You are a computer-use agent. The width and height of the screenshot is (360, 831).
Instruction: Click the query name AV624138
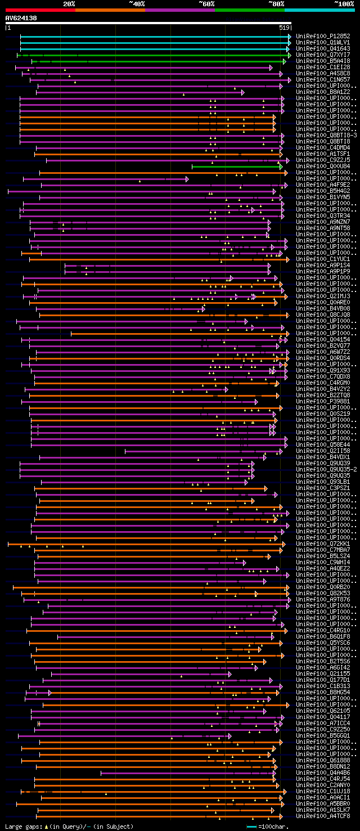(21, 18)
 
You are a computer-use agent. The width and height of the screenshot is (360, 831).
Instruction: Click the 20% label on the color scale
(69, 4)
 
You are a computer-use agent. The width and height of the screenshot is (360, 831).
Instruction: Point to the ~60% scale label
(206, 4)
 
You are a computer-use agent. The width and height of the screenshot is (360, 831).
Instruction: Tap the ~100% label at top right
(344, 4)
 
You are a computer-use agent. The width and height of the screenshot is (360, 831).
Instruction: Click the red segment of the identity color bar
(40, 10)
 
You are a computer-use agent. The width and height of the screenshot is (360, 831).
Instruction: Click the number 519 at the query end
(284, 28)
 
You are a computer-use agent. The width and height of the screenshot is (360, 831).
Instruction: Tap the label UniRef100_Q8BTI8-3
(326, 136)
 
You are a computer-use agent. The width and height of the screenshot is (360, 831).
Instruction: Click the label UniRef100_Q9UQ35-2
(326, 469)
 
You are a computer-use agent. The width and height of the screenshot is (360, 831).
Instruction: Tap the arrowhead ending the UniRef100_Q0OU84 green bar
(281, 167)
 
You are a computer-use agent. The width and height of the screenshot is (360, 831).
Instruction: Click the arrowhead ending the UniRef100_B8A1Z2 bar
(242, 92)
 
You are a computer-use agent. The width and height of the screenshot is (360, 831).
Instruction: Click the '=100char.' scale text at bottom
(273, 826)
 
